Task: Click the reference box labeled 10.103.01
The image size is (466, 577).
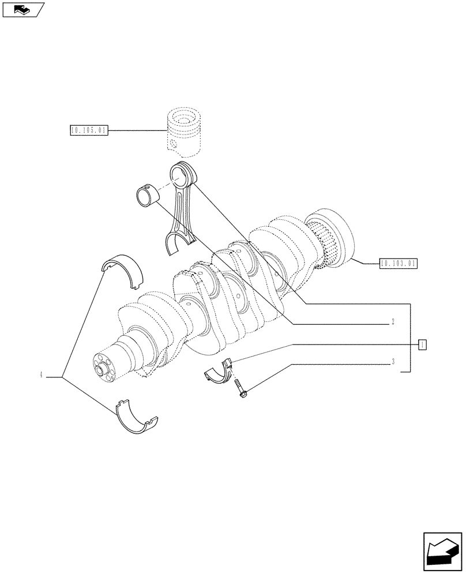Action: point(398,264)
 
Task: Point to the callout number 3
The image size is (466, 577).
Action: point(392,363)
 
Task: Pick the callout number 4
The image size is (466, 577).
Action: point(42,376)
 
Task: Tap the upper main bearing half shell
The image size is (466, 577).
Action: point(122,269)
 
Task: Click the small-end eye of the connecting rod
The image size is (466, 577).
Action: point(182,174)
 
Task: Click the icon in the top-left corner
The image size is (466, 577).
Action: point(23,9)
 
